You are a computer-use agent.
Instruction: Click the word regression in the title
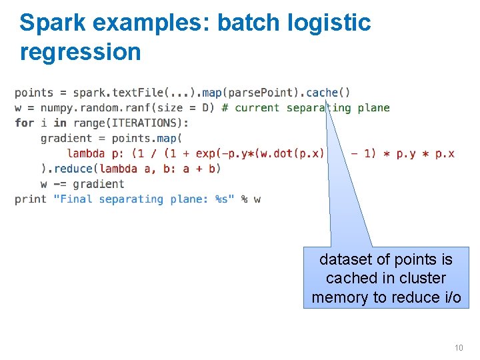[x=81, y=52]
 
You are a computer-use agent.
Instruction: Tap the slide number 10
[x=458, y=347]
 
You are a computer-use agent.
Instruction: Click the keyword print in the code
[x=31, y=199]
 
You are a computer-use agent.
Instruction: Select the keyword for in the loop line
[x=24, y=123]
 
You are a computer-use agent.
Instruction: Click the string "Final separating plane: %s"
[x=144, y=199]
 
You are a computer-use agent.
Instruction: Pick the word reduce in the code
[x=76, y=169]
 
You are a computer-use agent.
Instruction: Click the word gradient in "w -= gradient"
[x=99, y=184]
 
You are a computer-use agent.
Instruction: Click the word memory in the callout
[x=338, y=297]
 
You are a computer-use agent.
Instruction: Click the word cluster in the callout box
[x=422, y=278]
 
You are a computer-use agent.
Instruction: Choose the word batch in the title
[x=250, y=23]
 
